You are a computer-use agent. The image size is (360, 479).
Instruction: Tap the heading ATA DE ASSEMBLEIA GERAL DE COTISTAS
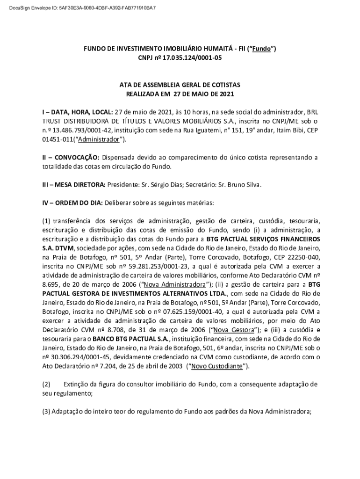pos(180,85)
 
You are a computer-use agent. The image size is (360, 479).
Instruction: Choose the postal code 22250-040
pos(300,257)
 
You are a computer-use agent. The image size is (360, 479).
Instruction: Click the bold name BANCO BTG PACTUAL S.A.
pos(130,338)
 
